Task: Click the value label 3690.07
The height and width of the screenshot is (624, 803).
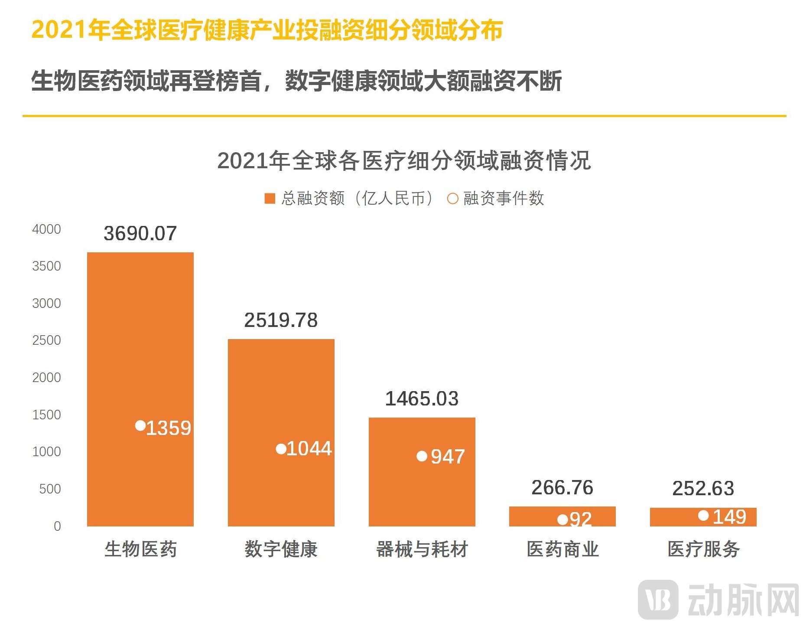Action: tap(140, 233)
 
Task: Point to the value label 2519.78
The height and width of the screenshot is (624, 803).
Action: tap(281, 320)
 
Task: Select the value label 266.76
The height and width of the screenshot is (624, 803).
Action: tap(562, 487)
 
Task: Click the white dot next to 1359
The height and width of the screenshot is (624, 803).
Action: tap(140, 425)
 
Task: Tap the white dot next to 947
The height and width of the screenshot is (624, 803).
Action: tap(422, 456)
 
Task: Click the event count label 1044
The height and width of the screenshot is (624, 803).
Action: tap(309, 448)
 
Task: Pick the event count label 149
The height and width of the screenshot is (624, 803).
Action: tap(729, 516)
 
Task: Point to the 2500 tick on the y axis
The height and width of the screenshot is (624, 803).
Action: tap(47, 340)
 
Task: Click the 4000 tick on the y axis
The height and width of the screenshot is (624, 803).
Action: tap(47, 229)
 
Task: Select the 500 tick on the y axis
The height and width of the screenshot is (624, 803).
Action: tap(50, 489)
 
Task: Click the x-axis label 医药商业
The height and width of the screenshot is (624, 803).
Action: tap(562, 549)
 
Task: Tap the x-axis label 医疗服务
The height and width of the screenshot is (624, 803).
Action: tap(703, 549)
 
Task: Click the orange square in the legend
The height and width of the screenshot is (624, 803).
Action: tap(270, 199)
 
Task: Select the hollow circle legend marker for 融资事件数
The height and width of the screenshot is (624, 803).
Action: tap(452, 199)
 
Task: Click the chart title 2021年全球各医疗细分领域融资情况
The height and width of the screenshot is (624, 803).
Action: tap(403, 160)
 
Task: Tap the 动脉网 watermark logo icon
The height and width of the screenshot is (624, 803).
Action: tap(658, 600)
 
